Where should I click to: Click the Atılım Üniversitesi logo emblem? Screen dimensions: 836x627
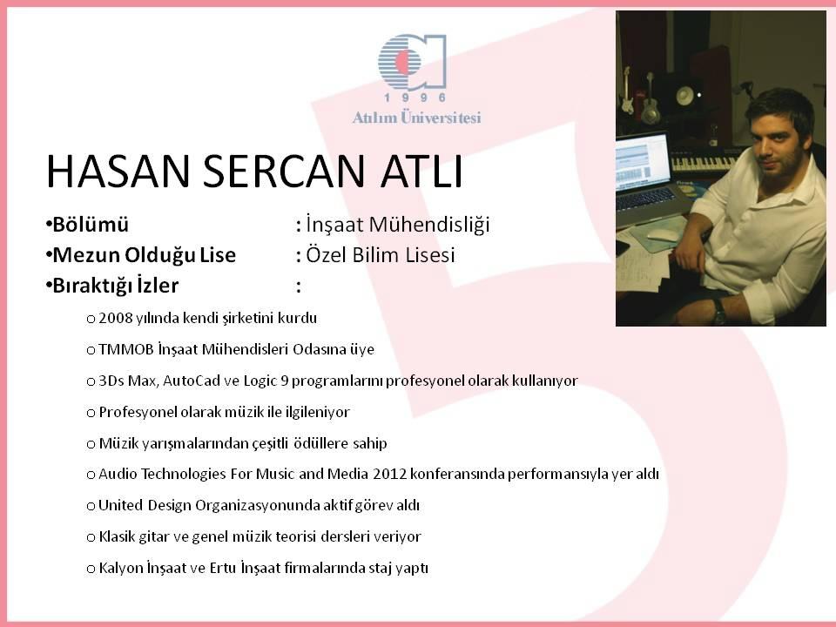coord(412,61)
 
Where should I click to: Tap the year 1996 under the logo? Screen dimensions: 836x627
coord(415,98)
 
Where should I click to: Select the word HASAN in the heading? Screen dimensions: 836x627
coord(118,172)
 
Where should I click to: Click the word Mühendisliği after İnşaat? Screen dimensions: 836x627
coord(428,225)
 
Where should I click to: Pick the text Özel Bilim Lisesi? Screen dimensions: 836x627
coord(381,255)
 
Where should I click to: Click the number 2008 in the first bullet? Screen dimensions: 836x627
coord(115,319)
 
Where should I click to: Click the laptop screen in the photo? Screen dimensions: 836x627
coord(642,161)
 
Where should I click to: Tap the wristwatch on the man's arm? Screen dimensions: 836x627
coord(719,312)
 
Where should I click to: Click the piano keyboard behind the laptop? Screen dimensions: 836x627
coord(704,163)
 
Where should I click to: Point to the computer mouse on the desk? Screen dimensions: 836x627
coord(662,234)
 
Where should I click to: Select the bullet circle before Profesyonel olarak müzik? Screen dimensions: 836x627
coord(91,413)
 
